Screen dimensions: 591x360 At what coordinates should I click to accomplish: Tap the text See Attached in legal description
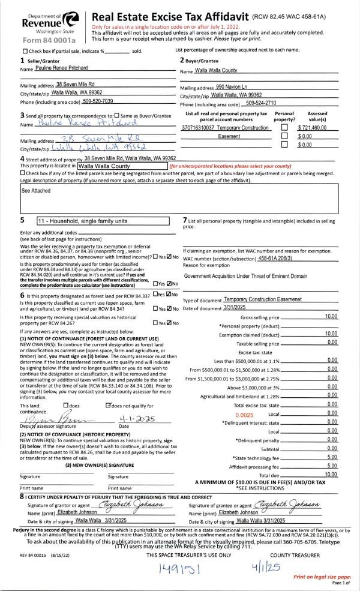(34, 192)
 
